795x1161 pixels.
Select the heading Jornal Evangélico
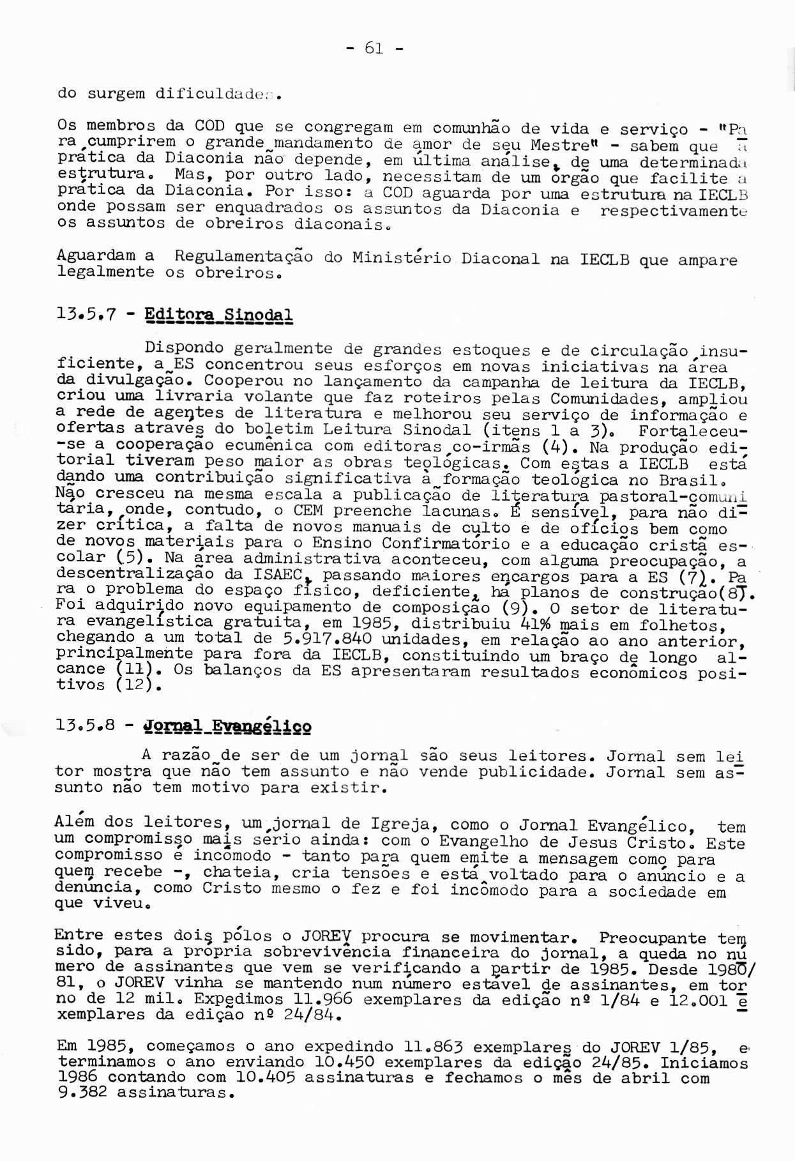pyautogui.click(x=229, y=727)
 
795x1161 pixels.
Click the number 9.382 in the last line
pyautogui.click(x=81, y=1094)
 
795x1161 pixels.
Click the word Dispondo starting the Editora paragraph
pyautogui.click(x=184, y=349)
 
